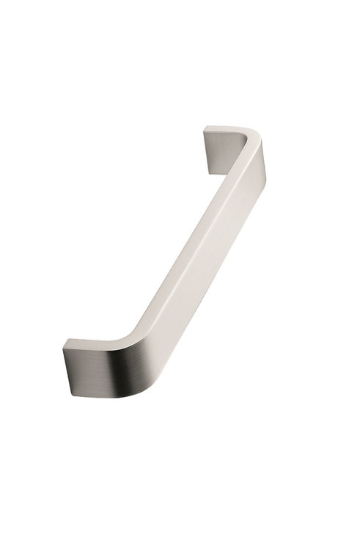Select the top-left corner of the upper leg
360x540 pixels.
click(x=205, y=129)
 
